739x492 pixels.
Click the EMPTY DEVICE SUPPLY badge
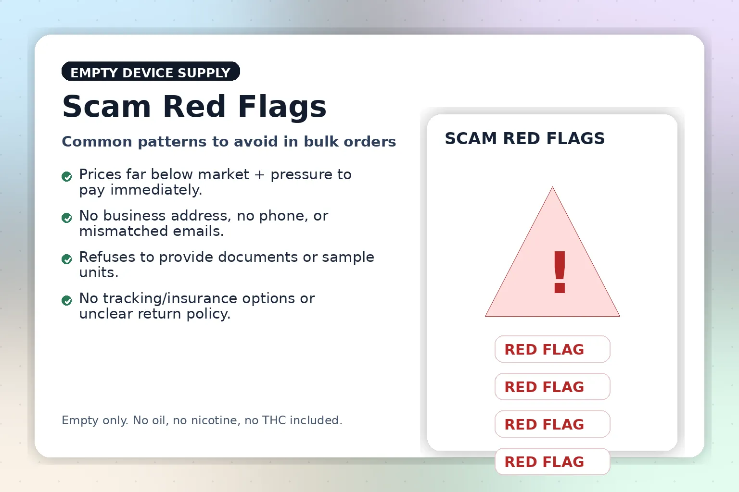click(x=151, y=71)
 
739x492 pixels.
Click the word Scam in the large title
click(x=106, y=107)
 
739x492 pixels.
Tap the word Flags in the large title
click(x=282, y=107)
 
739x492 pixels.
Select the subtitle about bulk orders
click(x=229, y=142)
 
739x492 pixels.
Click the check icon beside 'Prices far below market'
click(x=67, y=177)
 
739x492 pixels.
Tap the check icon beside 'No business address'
click(x=67, y=218)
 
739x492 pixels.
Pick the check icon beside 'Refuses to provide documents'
click(x=67, y=259)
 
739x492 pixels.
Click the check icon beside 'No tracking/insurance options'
click(x=67, y=300)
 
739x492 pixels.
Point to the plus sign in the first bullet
click(x=260, y=175)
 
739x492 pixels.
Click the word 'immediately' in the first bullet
click(x=156, y=190)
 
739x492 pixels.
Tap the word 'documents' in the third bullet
click(x=258, y=257)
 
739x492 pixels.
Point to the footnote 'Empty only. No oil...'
click(x=202, y=420)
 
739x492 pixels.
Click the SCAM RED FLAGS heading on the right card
click(x=524, y=138)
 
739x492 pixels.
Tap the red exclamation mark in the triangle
click(x=560, y=272)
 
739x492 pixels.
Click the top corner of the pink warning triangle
click(x=552, y=187)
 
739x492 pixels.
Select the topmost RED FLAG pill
click(x=552, y=349)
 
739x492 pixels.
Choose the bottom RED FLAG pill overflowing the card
click(x=552, y=462)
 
